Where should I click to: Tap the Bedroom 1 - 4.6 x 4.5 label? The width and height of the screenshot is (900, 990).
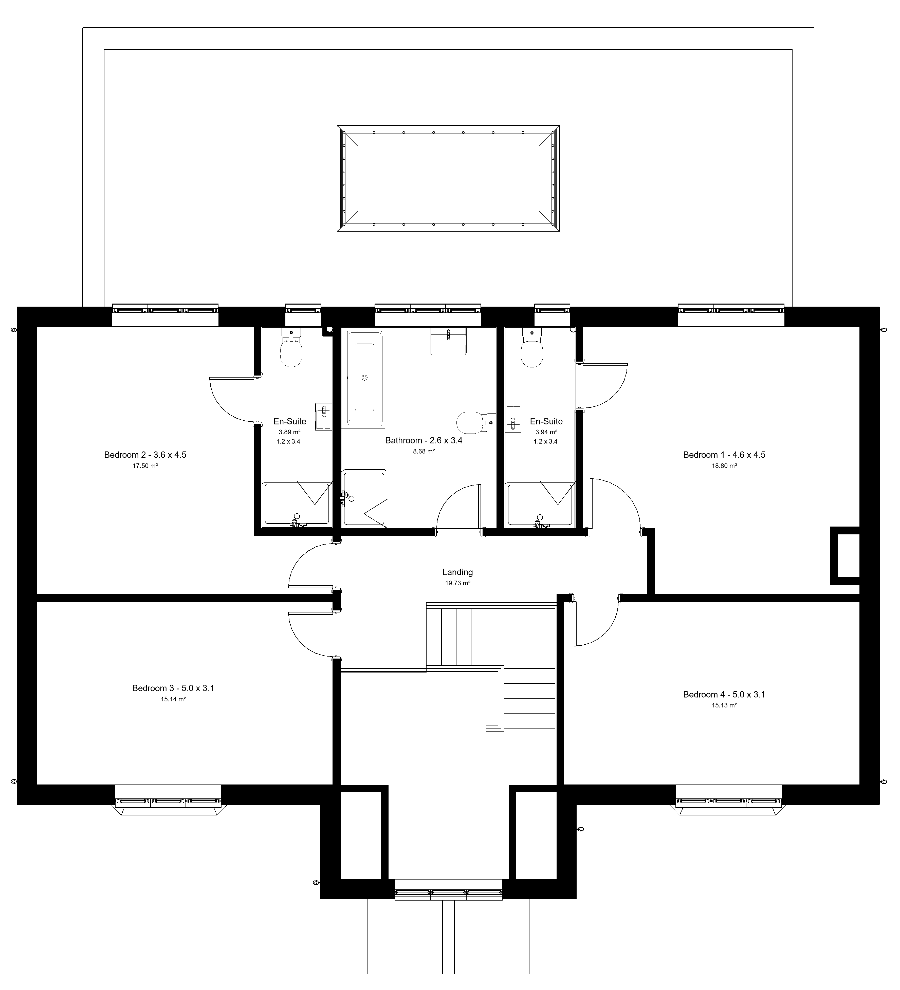point(724,455)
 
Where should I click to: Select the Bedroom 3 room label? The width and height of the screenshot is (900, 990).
point(173,688)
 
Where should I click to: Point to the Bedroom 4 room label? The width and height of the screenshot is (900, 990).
point(724,694)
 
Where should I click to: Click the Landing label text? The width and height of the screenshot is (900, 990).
point(457,572)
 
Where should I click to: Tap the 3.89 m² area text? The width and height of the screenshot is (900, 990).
point(289,432)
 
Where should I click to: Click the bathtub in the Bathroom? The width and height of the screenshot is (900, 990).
point(365,378)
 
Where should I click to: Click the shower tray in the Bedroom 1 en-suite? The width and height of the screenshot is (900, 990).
point(540,505)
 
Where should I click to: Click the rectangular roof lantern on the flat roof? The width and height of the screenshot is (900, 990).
point(448,178)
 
